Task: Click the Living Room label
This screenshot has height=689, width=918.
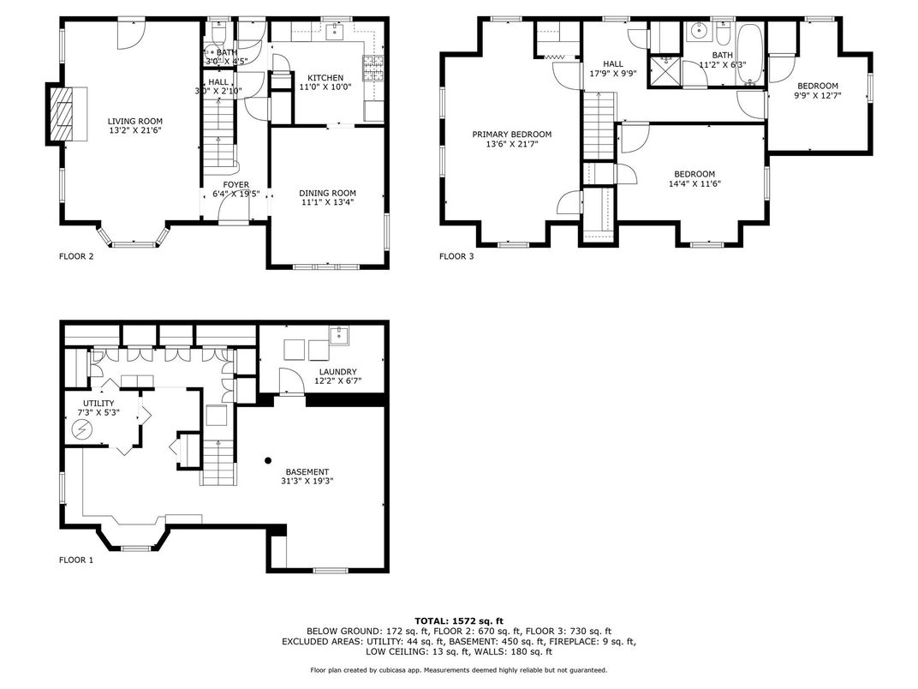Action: (134, 122)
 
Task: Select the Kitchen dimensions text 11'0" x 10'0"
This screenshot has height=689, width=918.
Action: (325, 87)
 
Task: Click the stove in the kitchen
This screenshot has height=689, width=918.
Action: (373, 64)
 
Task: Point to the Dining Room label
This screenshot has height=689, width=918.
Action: (327, 193)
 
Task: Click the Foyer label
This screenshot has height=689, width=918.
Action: (235, 184)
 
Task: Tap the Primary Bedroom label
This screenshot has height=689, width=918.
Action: (512, 135)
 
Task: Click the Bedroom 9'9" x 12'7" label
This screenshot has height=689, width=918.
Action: (818, 86)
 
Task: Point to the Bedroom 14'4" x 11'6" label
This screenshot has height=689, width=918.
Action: (694, 174)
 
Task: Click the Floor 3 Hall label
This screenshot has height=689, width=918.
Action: (613, 64)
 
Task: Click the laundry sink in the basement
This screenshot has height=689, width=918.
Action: (338, 333)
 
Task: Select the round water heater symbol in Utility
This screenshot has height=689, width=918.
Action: (83, 432)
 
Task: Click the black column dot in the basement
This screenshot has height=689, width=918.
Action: (268, 459)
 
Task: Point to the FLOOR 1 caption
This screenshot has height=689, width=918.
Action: (75, 560)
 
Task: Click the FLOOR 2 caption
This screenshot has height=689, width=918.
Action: (75, 256)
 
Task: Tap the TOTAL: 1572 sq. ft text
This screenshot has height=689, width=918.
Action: (458, 620)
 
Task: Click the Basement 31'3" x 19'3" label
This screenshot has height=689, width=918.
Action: (307, 472)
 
